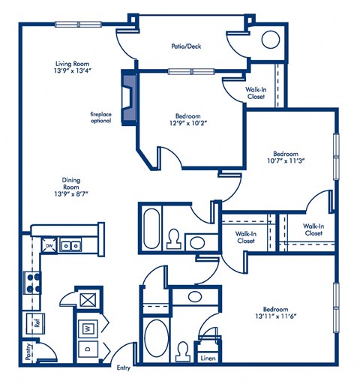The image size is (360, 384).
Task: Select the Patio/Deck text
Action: (x=186, y=46)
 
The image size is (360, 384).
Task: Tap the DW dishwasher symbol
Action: (x=49, y=245)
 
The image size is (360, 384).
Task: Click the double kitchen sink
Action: (x=72, y=244)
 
